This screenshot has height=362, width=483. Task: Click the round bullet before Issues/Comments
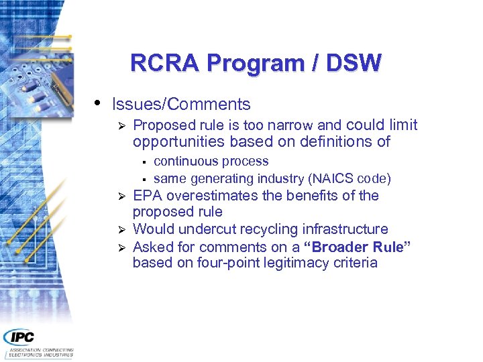(98, 103)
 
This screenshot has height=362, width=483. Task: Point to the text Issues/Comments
(181, 105)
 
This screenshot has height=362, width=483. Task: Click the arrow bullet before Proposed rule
(121, 126)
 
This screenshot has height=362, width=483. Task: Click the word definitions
(338, 142)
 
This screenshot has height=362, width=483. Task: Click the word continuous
(182, 162)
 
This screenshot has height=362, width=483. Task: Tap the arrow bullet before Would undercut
(121, 230)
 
